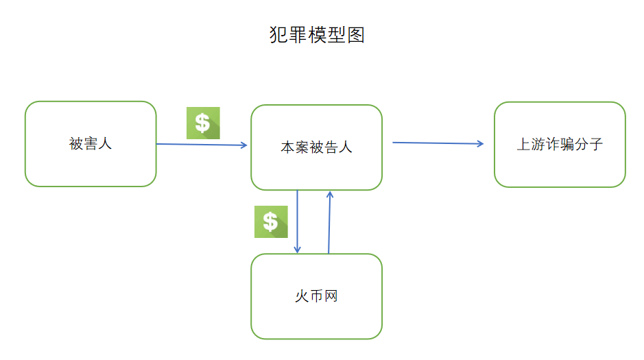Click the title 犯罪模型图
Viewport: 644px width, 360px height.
pos(317,35)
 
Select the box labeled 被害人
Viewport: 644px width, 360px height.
pos(91,165)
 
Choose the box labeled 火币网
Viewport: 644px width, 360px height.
pos(316,319)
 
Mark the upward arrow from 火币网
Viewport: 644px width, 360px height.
pos(329,222)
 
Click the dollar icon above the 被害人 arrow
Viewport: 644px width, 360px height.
pos(203,123)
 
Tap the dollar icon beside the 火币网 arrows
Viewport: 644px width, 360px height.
pos(271,221)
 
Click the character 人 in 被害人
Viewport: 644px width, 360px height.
pos(105,144)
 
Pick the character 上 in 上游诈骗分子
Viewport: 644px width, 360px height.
pos(523,145)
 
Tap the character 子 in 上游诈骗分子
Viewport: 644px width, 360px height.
pos(596,145)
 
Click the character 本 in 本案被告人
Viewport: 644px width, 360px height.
pos(287,147)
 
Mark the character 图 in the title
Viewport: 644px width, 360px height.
pos(355,35)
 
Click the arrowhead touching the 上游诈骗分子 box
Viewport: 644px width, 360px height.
pos(481,144)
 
